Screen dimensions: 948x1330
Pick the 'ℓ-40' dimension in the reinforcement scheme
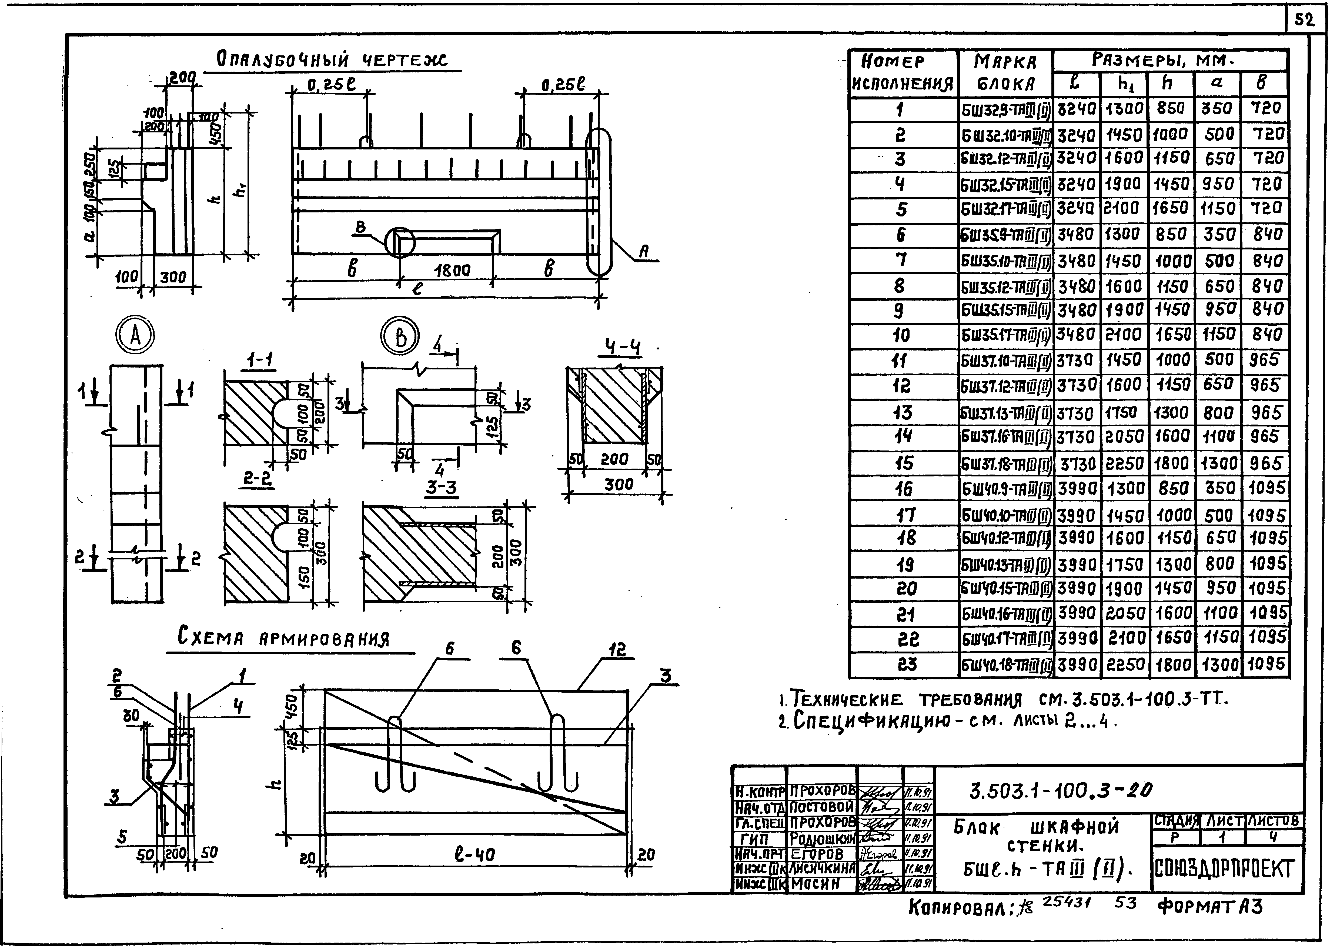pos(474,855)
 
